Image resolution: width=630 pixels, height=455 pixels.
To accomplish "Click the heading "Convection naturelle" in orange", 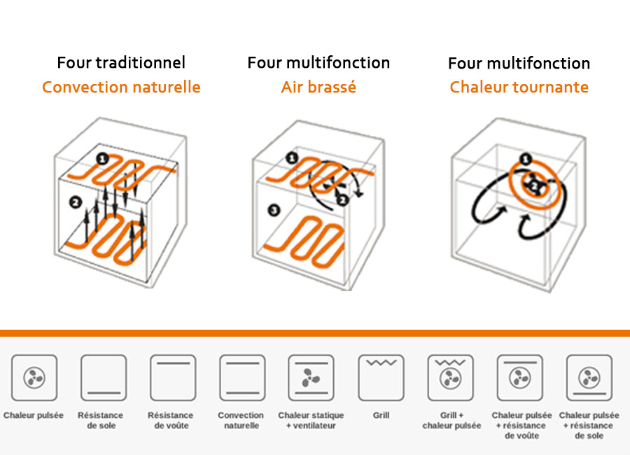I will (x=121, y=87).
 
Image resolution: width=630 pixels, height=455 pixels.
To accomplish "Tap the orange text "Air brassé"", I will (x=318, y=87).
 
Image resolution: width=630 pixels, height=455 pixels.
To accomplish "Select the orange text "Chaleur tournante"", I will (x=519, y=87).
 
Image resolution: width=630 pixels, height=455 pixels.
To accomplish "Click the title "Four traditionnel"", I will (x=121, y=62).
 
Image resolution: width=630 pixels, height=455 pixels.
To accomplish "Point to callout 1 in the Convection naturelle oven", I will (x=102, y=160).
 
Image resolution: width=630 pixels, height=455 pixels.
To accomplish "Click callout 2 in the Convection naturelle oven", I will (x=75, y=203).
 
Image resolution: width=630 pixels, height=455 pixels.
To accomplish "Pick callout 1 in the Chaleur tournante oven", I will (x=526, y=160).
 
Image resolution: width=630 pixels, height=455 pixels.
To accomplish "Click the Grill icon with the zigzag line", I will (x=381, y=377).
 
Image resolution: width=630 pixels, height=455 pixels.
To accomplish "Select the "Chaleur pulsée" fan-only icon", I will (x=34, y=377).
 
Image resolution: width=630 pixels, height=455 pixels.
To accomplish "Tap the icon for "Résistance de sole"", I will (x=103, y=377).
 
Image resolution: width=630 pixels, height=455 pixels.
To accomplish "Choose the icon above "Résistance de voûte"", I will (x=172, y=377).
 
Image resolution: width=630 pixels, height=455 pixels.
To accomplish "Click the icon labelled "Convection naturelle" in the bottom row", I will (x=241, y=377).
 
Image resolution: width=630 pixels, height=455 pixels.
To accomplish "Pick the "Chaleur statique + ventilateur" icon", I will (x=311, y=377).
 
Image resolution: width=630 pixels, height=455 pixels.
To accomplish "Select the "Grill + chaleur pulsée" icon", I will (x=450, y=377).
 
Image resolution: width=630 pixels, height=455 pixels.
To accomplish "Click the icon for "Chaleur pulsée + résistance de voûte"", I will (x=519, y=377).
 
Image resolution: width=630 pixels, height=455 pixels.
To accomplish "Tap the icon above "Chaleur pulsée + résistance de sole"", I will (x=589, y=377).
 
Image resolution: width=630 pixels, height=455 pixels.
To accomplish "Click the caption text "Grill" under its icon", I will (x=381, y=415).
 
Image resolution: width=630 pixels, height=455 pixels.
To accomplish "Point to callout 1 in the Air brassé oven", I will (x=292, y=158).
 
